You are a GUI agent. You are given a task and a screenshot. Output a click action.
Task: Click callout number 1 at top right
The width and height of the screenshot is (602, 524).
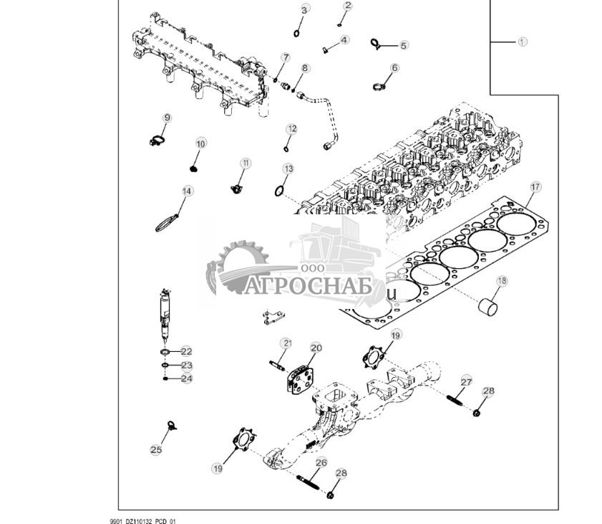522,42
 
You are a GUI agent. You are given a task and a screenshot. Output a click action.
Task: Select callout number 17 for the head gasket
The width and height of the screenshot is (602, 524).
535,187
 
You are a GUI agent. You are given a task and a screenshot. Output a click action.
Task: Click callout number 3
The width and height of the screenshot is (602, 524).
305,10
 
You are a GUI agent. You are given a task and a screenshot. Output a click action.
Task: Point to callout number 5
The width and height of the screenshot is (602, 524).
404,45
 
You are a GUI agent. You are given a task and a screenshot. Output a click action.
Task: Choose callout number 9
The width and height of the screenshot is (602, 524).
168,118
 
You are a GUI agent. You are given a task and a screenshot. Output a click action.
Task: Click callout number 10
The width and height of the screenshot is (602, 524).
200,143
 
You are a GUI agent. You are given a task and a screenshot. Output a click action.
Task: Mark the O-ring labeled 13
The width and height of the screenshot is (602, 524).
278,191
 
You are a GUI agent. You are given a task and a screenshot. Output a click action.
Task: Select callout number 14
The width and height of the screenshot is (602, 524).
187,191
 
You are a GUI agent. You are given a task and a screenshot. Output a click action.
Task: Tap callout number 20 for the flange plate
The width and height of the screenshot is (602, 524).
316,348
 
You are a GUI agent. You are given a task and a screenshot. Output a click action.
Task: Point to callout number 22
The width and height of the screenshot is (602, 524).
186,351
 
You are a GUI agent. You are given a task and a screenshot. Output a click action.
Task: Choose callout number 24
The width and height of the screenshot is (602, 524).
186,378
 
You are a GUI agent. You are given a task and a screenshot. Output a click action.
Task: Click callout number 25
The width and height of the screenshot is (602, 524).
156,450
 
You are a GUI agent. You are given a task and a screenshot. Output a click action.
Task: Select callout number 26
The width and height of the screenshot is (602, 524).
321,462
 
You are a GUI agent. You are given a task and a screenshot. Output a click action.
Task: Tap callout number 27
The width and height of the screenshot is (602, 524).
466,382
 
